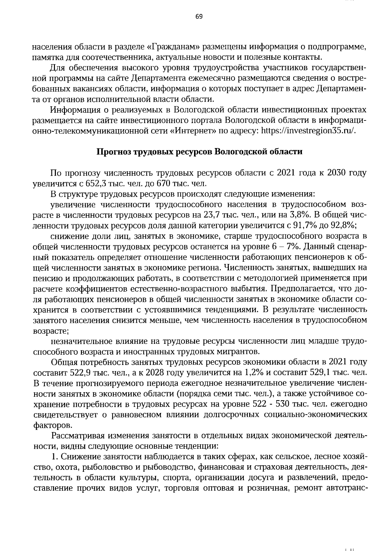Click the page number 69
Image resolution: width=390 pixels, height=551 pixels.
click(x=199, y=17)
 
